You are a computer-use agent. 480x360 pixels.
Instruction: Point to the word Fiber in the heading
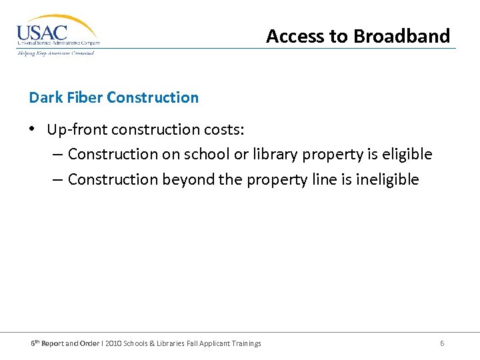tap(83, 97)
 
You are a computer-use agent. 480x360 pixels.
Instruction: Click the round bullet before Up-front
tap(33, 128)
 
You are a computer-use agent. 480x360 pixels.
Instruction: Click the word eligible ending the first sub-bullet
tap(407, 154)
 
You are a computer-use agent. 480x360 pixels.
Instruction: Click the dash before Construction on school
tap(57, 154)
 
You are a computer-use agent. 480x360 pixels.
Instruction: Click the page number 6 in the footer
tap(442, 343)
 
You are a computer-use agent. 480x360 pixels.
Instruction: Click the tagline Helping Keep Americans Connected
tap(56, 53)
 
